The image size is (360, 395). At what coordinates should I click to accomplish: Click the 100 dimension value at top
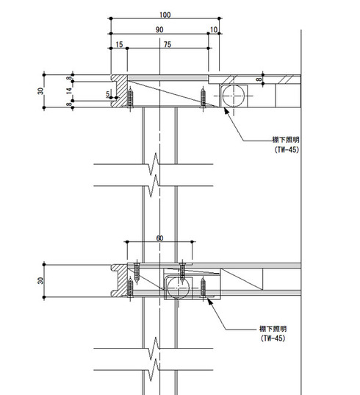165,15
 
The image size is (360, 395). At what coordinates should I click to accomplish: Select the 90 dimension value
159,29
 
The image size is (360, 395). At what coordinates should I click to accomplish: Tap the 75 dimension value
168,45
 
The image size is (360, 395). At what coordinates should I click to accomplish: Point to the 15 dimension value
119,45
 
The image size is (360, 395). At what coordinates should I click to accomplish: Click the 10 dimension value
214,29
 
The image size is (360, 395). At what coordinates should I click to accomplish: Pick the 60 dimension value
159,238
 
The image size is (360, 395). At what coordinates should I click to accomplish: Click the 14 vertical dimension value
69,91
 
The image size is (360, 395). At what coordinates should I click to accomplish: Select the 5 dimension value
108,94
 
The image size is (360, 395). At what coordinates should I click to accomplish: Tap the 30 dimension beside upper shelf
40,91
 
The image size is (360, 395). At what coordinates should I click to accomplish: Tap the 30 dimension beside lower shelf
40,281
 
